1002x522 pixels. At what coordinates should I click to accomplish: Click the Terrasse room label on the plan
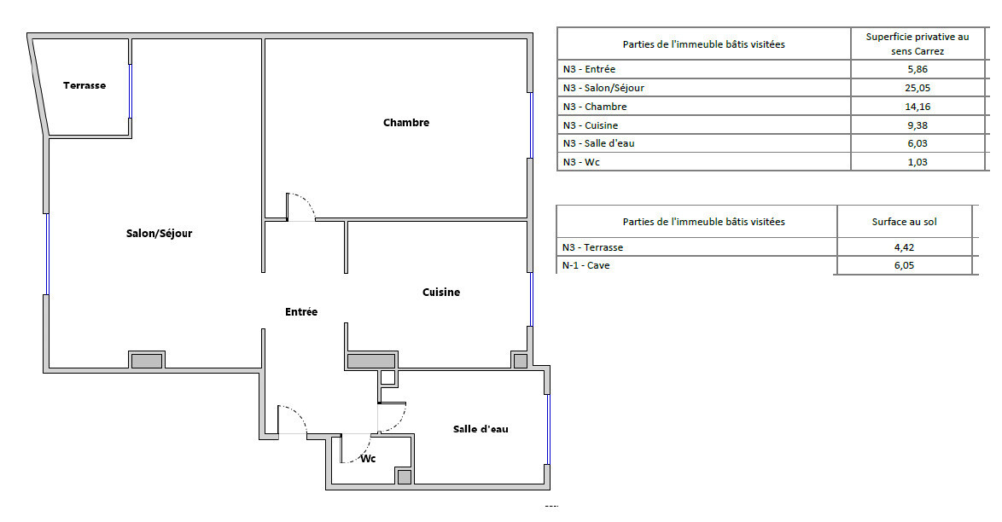point(84,85)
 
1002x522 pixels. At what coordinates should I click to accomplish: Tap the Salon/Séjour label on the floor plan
point(159,234)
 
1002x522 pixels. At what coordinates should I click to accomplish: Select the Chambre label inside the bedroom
point(406,123)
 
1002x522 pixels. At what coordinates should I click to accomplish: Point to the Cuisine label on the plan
point(441,292)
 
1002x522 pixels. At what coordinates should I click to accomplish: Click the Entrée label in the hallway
point(301,312)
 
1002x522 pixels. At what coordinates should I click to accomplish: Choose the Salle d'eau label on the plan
point(481,429)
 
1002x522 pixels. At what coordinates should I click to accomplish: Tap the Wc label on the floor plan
point(368,459)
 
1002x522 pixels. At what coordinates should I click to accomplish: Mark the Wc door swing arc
point(361,455)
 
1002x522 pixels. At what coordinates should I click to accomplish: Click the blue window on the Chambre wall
point(530,125)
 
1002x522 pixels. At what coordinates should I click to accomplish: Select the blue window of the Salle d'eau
point(548,429)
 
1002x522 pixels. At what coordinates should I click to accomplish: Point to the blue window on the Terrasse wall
point(131,91)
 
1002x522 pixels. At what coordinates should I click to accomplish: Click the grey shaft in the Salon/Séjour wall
point(147,361)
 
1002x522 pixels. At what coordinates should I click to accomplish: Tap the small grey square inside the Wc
point(404,477)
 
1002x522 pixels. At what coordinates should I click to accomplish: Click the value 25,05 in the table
point(917,88)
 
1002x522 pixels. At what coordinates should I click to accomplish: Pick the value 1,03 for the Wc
point(917,162)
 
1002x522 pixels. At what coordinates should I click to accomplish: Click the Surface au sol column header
point(904,222)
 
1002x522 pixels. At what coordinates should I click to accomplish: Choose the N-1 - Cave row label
point(586,265)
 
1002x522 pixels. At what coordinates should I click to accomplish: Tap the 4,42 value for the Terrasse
point(904,247)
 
